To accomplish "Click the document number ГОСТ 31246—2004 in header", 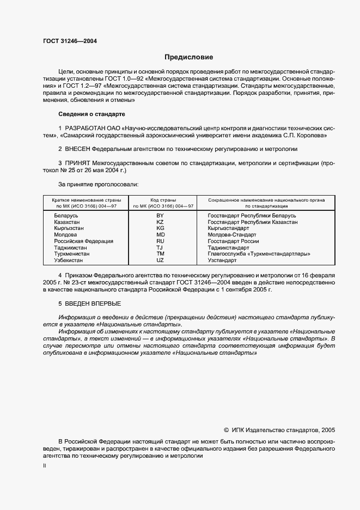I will pyautogui.click(x=66, y=41).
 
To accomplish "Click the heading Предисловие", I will pyautogui.click(x=188, y=57).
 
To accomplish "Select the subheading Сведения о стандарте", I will pyautogui.click(x=91, y=114).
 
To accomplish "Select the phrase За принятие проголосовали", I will pyautogui.click(x=99, y=184).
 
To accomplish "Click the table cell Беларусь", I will pyautogui.click(x=66, y=216).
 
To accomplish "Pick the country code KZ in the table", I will pyautogui.click(x=160, y=222).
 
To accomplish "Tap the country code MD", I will pyautogui.click(x=160, y=235).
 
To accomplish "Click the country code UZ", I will pyautogui.click(x=160, y=260).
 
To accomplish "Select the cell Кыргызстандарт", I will pyautogui.click(x=229, y=228).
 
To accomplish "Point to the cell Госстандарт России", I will pyautogui.click(x=233, y=241).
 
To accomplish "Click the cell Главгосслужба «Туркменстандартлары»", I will pyautogui.click(x=259, y=253).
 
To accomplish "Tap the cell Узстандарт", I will pyautogui.click(x=223, y=260).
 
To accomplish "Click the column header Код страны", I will pyautogui.click(x=160, y=200).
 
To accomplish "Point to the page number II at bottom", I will pyautogui.click(x=45, y=466).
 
